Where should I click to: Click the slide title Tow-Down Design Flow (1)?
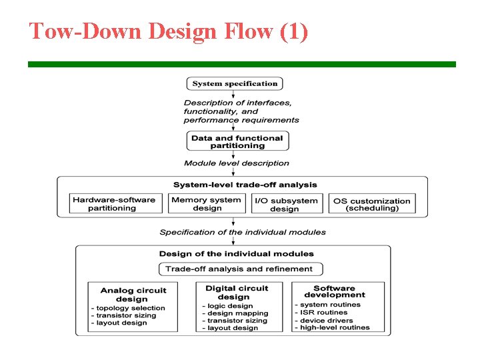[168, 31]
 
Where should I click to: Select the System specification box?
[235, 83]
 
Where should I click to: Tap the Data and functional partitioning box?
[237, 141]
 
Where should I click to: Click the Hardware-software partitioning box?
[116, 203]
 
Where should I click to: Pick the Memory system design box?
[207, 203]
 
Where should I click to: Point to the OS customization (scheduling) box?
[372, 204]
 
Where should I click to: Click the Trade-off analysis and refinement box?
[240, 269]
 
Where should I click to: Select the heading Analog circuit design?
[133, 295]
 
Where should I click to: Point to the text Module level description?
[237, 163]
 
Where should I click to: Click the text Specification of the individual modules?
[243, 232]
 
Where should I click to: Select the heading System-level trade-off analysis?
[245, 185]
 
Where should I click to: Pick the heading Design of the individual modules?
[236, 253]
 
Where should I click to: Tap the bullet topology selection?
[129, 308]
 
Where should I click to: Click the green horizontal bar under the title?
[241, 64]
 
